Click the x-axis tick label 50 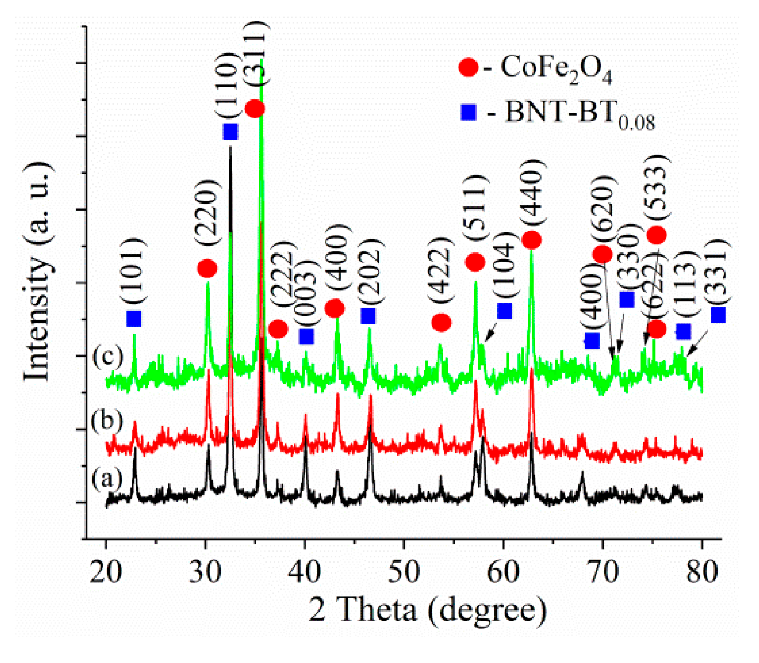(404, 571)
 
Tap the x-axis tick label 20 (106, 571)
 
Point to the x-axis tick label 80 (702, 571)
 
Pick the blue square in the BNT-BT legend (469, 112)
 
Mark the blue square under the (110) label (230, 132)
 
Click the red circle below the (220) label (207, 269)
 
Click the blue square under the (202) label (368, 315)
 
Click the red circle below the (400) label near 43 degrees (335, 308)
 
